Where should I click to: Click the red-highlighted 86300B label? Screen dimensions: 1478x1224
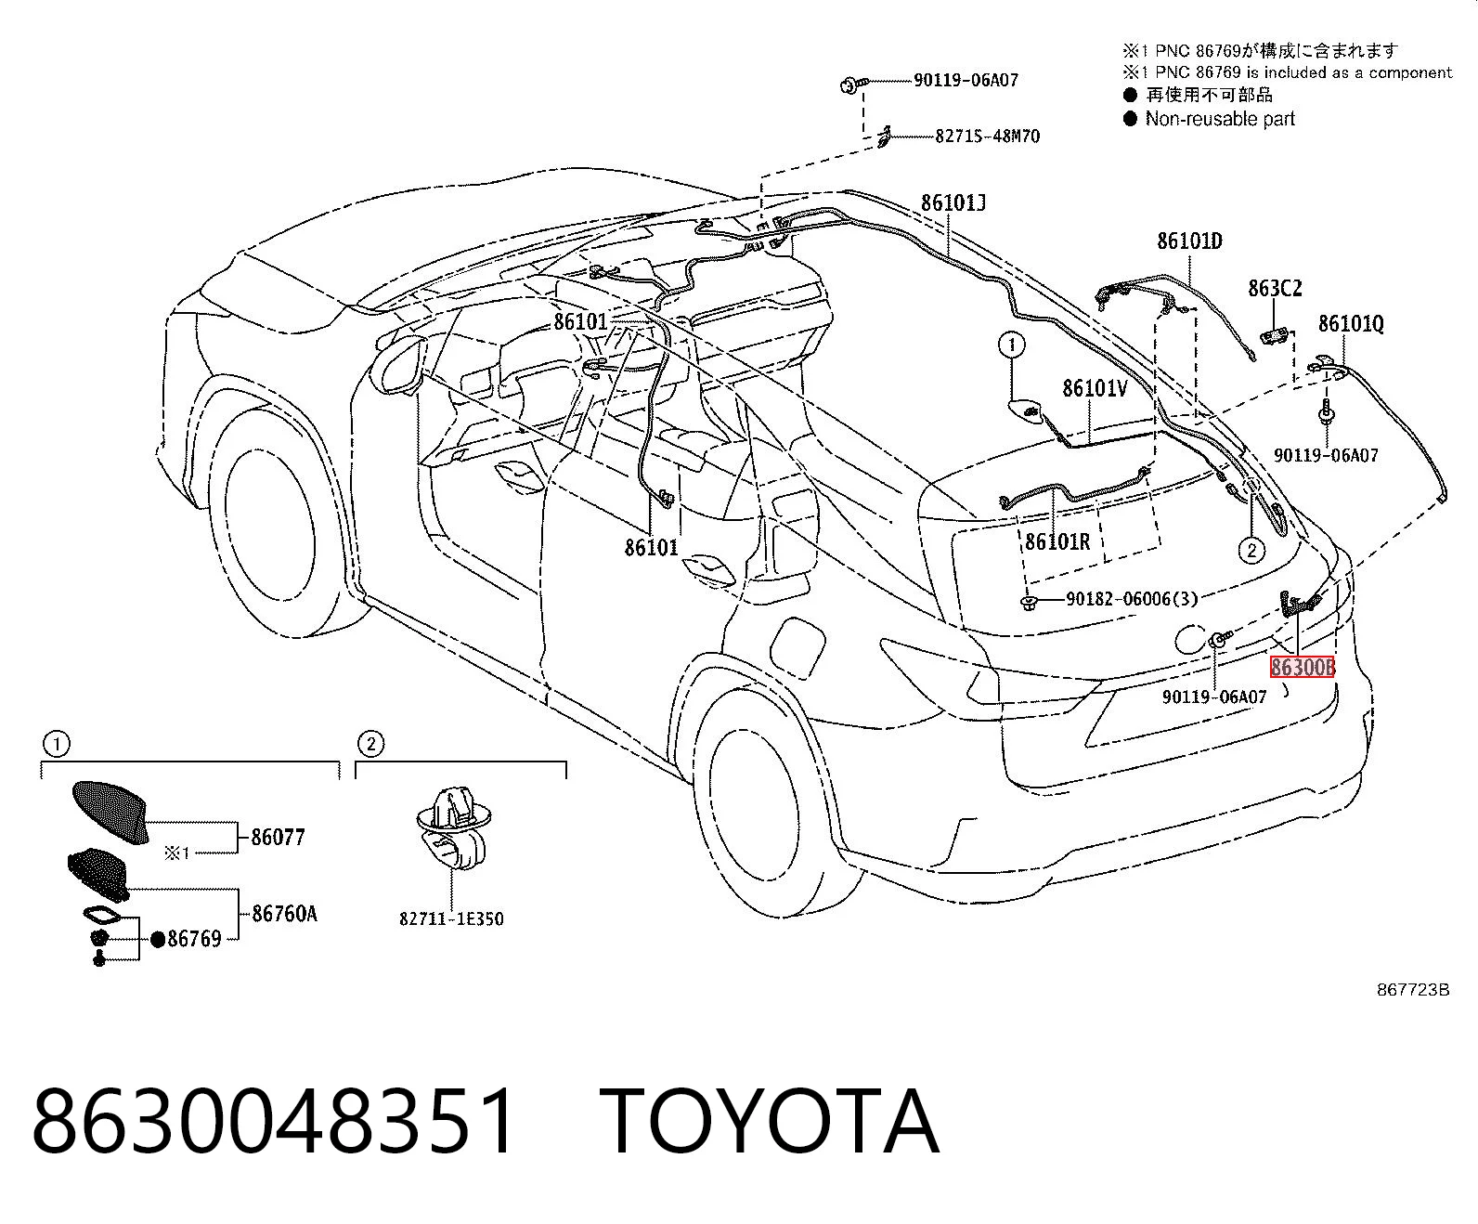1302,667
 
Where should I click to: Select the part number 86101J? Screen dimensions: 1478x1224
953,203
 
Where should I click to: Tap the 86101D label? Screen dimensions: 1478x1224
1189,241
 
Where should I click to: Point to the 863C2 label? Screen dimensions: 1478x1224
1275,288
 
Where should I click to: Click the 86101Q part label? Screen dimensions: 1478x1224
1351,324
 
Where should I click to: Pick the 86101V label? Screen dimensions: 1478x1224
1095,388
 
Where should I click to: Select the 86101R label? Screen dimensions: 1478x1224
1057,541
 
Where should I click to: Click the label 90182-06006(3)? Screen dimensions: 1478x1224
1132,599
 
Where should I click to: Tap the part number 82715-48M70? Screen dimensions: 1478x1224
988,136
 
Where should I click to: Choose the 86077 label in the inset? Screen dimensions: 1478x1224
279,838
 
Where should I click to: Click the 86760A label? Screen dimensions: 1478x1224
285,914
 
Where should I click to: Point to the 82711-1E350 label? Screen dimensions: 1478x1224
451,918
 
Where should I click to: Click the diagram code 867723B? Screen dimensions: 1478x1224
1413,990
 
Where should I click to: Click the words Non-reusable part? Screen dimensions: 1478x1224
1220,118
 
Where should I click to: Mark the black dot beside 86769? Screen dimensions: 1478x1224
158,939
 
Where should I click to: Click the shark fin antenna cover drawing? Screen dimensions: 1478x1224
111,811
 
